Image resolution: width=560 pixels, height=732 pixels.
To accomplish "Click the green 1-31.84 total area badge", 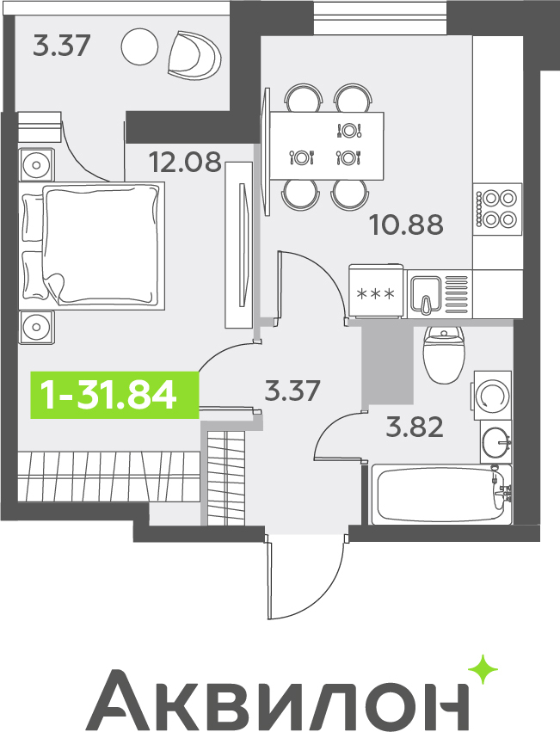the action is click(114, 395).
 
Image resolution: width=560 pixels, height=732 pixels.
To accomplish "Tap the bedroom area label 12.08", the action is click(185, 162).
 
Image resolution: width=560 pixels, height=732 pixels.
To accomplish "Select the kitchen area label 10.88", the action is click(406, 225).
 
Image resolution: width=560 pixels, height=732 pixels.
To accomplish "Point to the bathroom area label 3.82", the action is click(415, 428).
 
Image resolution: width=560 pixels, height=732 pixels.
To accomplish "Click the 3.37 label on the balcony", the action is click(61, 46).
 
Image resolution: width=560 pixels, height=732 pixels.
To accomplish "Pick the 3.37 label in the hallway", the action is click(292, 391).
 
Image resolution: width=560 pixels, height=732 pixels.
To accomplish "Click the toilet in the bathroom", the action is click(444, 354).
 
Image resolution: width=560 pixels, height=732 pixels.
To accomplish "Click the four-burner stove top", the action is click(497, 209).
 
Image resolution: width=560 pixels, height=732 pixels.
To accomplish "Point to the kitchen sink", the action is click(426, 293).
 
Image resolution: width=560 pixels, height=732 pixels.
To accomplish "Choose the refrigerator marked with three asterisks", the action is click(376, 292).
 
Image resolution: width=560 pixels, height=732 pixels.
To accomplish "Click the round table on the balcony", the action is click(139, 46).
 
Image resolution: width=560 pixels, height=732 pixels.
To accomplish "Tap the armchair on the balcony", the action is click(194, 53).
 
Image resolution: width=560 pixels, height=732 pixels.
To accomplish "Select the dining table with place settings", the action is click(327, 145).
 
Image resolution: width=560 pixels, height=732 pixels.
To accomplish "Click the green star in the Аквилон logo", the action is click(483, 669).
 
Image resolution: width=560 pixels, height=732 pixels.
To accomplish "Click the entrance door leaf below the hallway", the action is click(268, 577).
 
